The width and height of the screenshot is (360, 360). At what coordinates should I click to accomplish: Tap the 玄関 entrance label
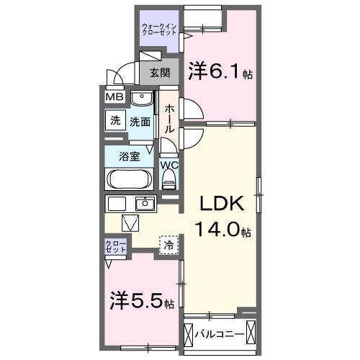click(x=160, y=72)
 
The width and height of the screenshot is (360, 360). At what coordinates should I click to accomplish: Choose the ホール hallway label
click(x=169, y=117)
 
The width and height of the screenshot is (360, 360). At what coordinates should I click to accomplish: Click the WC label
click(x=169, y=165)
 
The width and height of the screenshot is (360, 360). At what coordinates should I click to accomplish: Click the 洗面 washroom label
click(x=140, y=122)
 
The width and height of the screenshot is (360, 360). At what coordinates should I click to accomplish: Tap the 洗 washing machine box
click(x=115, y=121)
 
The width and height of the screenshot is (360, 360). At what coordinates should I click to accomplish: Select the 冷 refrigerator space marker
click(x=168, y=245)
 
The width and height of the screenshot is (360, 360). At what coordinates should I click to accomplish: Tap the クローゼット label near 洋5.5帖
click(x=117, y=246)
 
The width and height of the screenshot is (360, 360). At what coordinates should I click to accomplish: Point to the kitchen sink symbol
click(x=145, y=203)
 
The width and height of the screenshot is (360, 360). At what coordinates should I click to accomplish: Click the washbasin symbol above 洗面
click(x=143, y=98)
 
